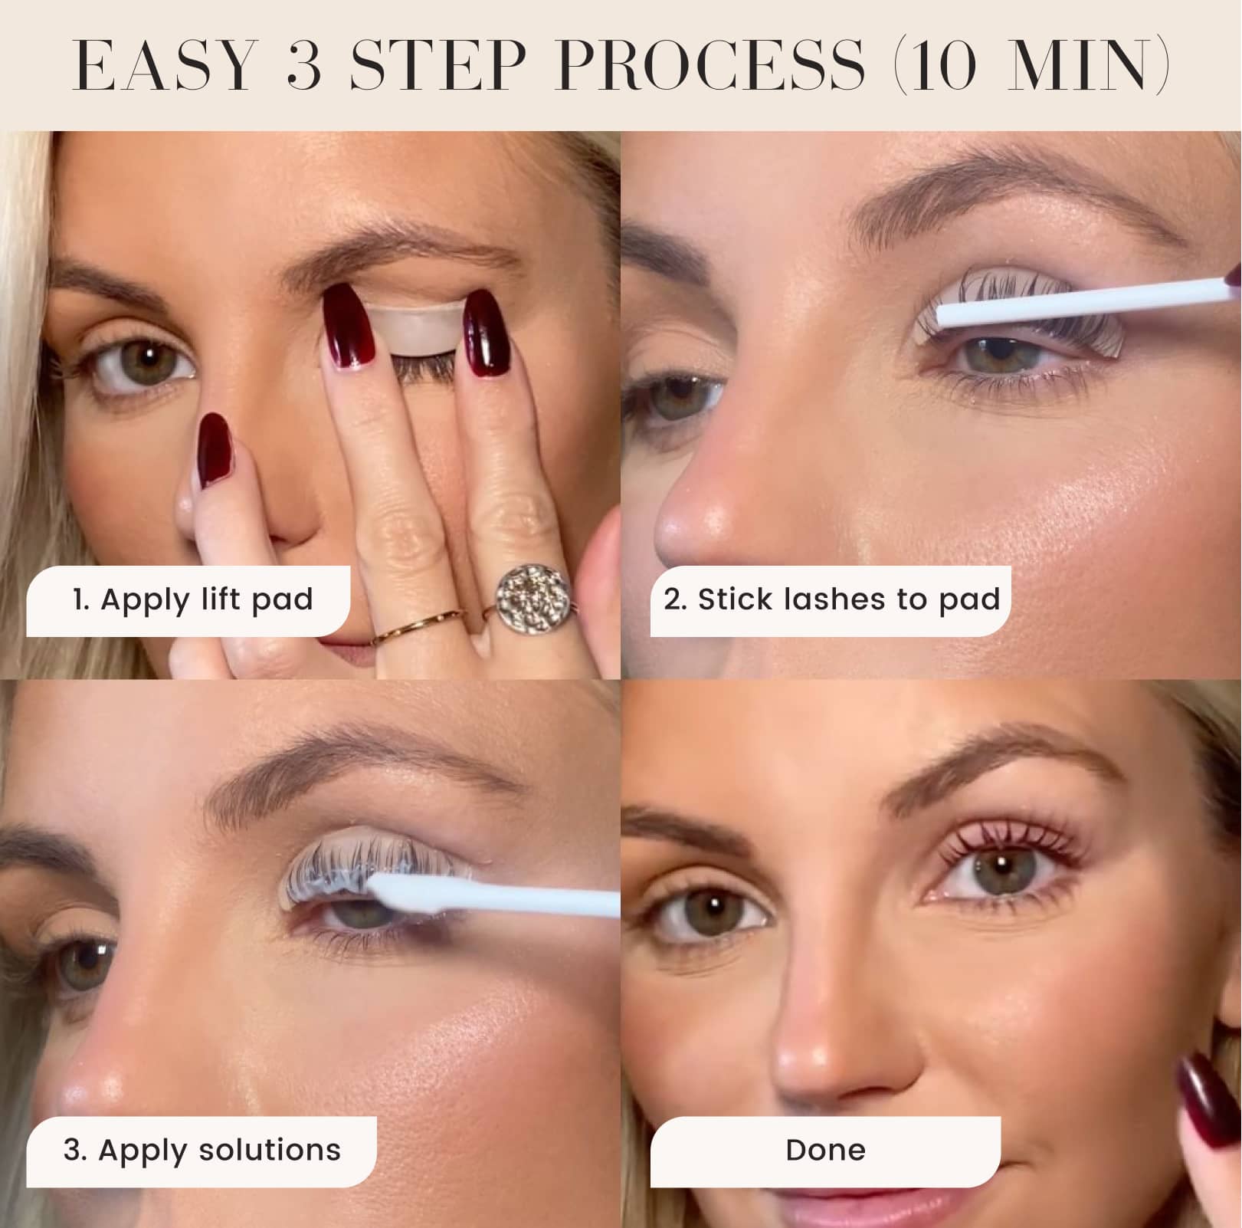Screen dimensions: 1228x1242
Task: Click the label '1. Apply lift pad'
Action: click(192, 599)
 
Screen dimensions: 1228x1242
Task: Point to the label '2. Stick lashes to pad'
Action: click(831, 599)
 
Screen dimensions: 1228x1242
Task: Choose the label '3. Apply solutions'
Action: click(202, 1150)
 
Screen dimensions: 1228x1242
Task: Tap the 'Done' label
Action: click(825, 1150)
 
